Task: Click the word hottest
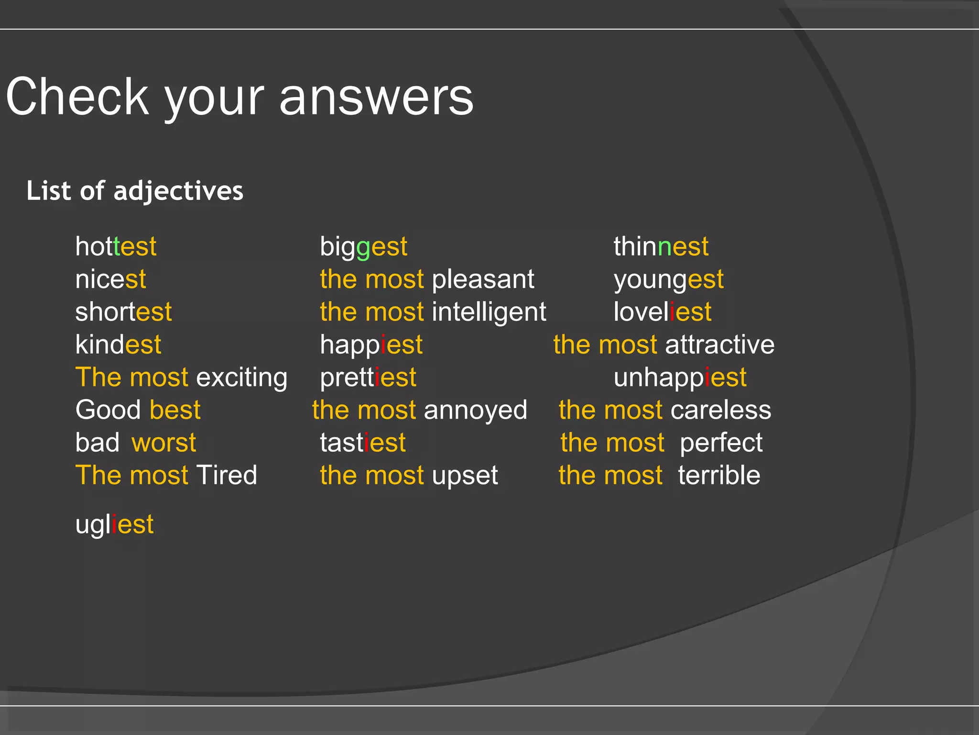point(116,247)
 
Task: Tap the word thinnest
point(661,247)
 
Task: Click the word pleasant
point(483,280)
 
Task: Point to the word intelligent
point(489,312)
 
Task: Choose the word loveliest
point(662,312)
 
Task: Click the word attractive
point(719,345)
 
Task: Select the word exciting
point(242,378)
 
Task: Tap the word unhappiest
point(680,378)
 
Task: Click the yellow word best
point(175,410)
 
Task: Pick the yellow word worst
point(164,443)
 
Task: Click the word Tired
point(227,475)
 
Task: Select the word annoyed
point(475,411)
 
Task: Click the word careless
point(720,411)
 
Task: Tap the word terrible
point(719,476)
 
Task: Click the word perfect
point(721,443)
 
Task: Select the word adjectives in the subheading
point(178,191)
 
